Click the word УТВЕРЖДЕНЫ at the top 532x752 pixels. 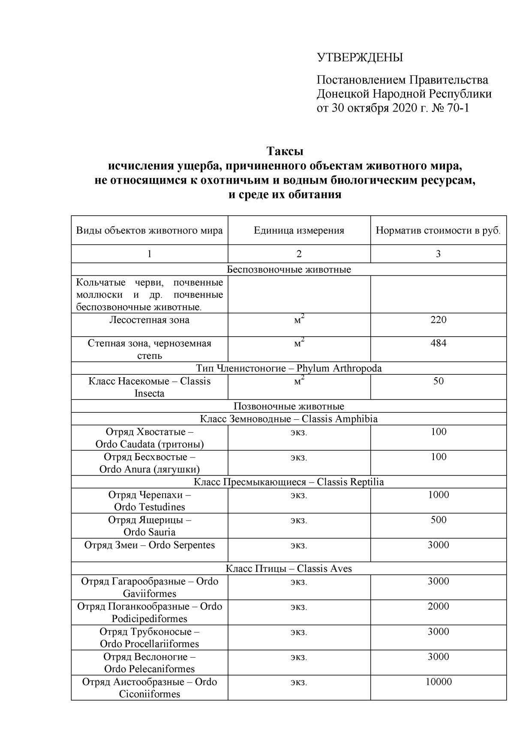click(360, 57)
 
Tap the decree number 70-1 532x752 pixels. click(458, 108)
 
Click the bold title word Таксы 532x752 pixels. click(285, 151)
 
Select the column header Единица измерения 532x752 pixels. click(299, 231)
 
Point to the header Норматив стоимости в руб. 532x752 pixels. click(438, 231)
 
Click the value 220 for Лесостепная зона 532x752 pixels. click(438, 320)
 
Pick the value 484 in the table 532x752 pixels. click(438, 343)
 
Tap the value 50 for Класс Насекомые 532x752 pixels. click(438, 381)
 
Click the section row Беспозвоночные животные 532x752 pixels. click(289, 270)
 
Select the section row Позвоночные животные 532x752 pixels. click(289, 406)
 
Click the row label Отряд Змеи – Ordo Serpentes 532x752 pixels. click(150, 545)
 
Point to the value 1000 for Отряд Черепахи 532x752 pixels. click(438, 495)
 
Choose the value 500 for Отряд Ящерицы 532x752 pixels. click(438, 520)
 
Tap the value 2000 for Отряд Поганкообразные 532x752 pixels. click(438, 606)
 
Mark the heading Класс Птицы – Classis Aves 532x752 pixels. click(289, 569)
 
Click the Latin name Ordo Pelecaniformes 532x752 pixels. click(150, 669)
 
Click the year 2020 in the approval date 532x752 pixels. click(403, 108)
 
